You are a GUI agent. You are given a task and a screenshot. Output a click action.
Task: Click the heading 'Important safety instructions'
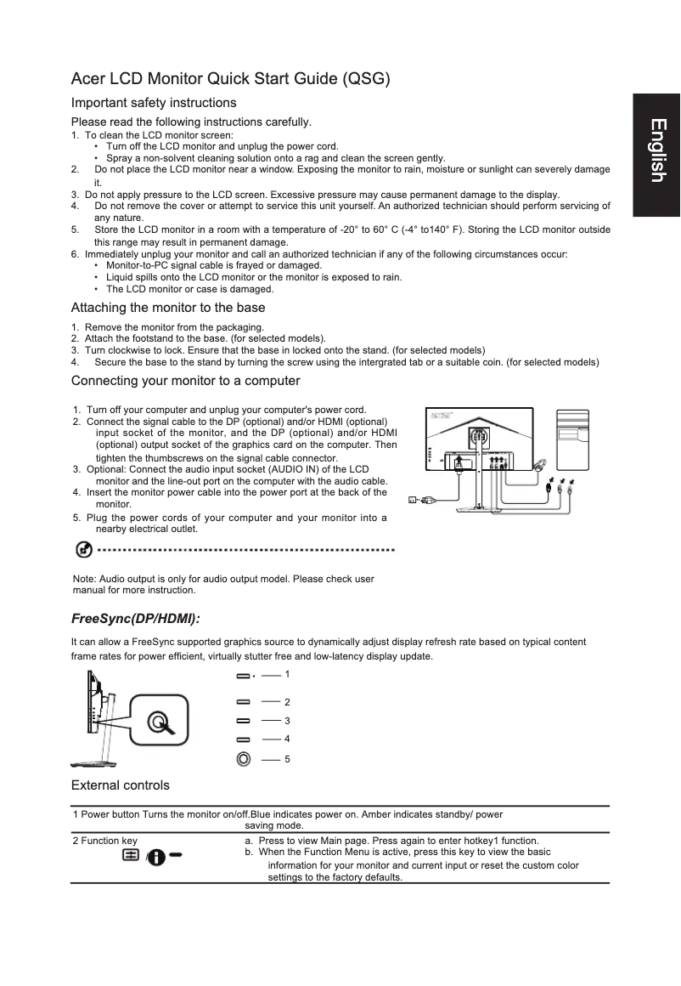pos(154,103)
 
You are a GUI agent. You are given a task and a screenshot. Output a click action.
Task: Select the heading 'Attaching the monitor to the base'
pos(168,308)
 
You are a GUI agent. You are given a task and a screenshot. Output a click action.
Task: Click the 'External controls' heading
pos(121,785)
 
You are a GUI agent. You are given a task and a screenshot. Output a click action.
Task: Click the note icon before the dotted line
pos(85,550)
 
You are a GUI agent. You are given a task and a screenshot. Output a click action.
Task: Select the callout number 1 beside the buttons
pos(287,674)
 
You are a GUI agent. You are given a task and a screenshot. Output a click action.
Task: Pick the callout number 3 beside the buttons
pos(287,721)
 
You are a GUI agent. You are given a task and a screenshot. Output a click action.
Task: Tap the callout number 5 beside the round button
pos(287,758)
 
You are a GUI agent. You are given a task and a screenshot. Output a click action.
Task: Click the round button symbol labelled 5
pos(244,757)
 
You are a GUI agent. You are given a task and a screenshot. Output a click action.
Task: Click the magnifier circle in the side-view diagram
pos(157,722)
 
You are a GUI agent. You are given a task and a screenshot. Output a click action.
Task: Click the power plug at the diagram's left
pos(415,500)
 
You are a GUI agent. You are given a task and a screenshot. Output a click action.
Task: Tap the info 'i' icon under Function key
pos(157,857)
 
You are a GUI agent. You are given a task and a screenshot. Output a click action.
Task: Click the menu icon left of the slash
pos(132,855)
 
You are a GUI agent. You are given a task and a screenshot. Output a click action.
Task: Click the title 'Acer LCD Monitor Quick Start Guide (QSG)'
pos(230,80)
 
